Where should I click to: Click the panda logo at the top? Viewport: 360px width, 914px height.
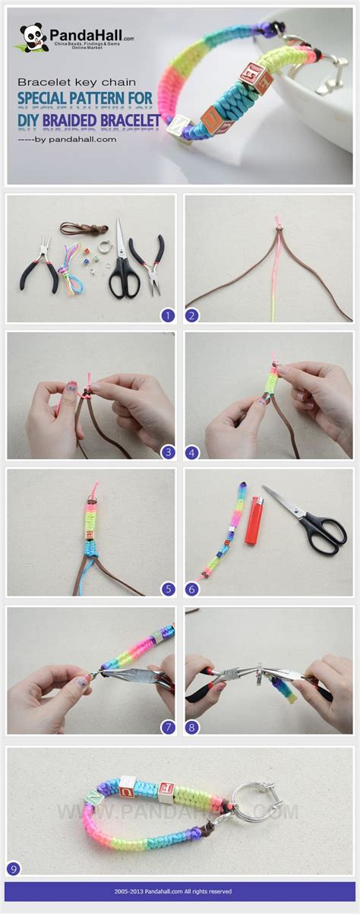pos(33,37)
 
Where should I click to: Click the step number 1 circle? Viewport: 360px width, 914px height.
pos(168,315)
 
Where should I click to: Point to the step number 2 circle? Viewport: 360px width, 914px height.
pos(192,315)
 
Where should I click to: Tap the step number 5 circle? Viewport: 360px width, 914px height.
pos(168,588)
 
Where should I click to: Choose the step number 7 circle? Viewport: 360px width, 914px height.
pos(168,727)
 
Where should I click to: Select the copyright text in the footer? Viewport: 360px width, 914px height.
pos(179,891)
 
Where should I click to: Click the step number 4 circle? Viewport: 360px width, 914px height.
pos(192,451)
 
